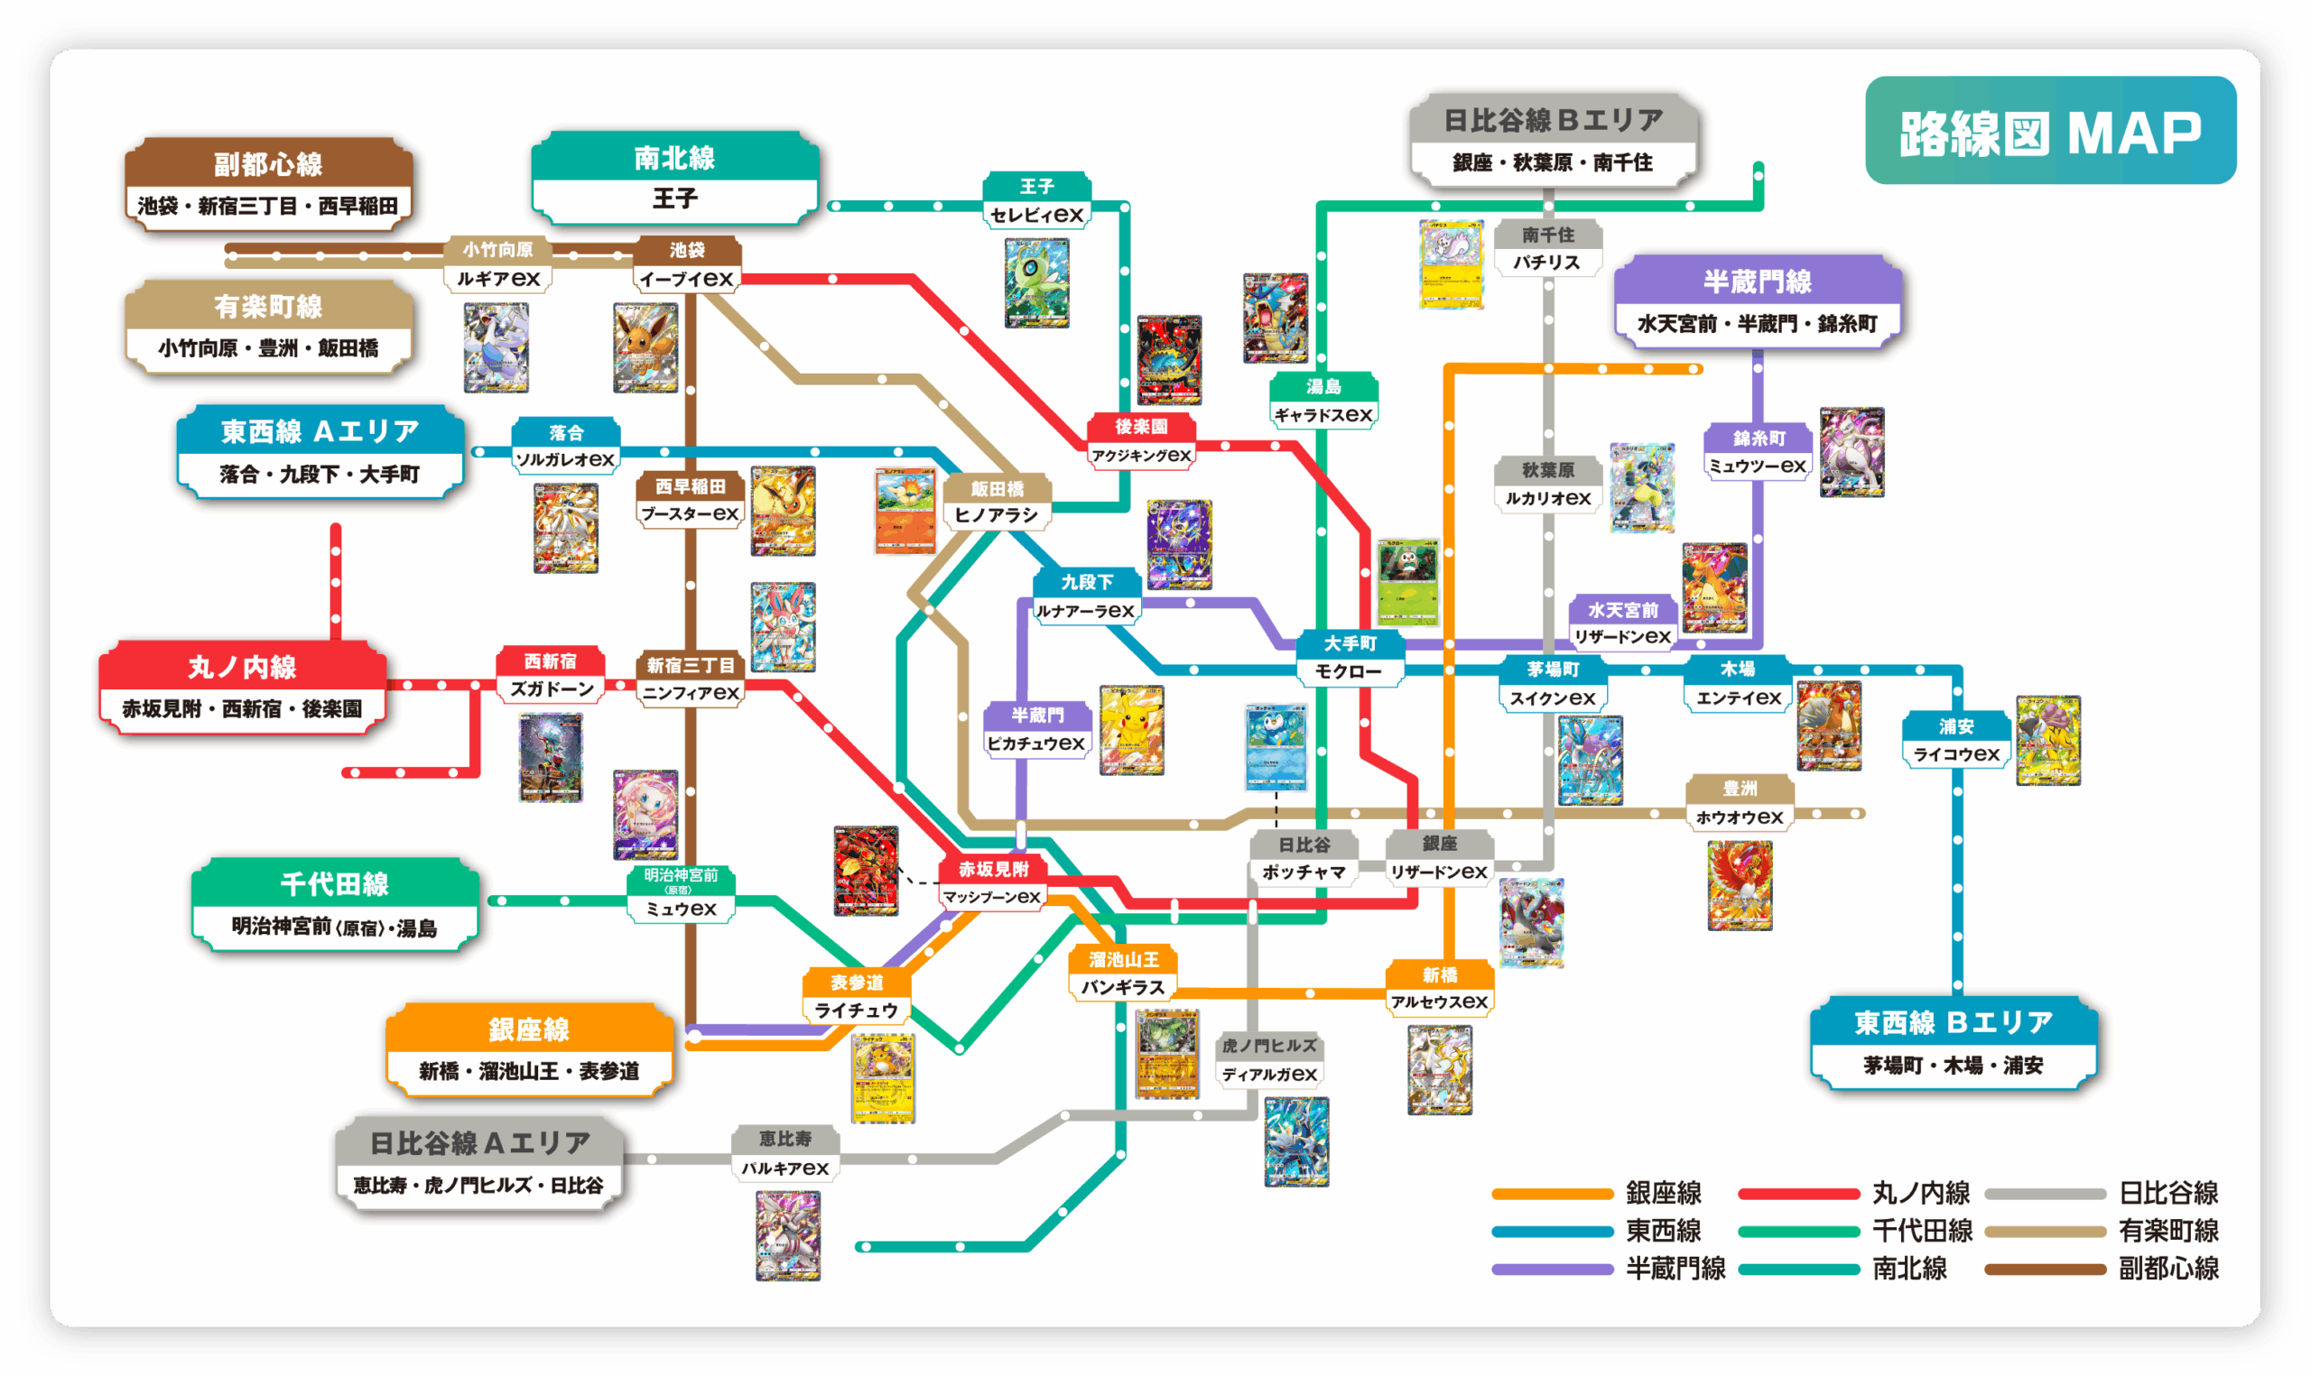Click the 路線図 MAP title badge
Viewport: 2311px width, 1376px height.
coord(2049,131)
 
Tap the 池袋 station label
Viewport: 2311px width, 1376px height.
coord(687,264)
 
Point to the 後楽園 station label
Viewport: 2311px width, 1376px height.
coord(1141,440)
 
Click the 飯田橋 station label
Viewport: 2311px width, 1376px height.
coord(997,502)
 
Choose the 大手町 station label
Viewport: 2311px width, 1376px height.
coord(1350,658)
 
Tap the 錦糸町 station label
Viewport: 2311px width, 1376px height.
coord(1759,451)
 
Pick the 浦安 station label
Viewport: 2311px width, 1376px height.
coord(1956,740)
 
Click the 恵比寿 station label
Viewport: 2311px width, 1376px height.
coord(785,1152)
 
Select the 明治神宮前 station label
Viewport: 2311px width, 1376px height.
coord(681,892)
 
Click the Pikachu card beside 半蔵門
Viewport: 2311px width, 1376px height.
coord(1131,731)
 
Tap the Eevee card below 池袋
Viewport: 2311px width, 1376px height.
coord(645,346)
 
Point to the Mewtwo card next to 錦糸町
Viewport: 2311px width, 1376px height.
coord(1851,452)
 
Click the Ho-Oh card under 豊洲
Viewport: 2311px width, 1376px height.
coord(1740,884)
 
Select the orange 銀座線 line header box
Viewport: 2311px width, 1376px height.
coord(530,1048)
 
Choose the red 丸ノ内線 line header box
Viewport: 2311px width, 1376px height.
coord(243,687)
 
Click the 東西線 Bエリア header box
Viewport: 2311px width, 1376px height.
coord(1953,1042)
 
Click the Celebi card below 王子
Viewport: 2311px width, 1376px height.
coord(1037,282)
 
